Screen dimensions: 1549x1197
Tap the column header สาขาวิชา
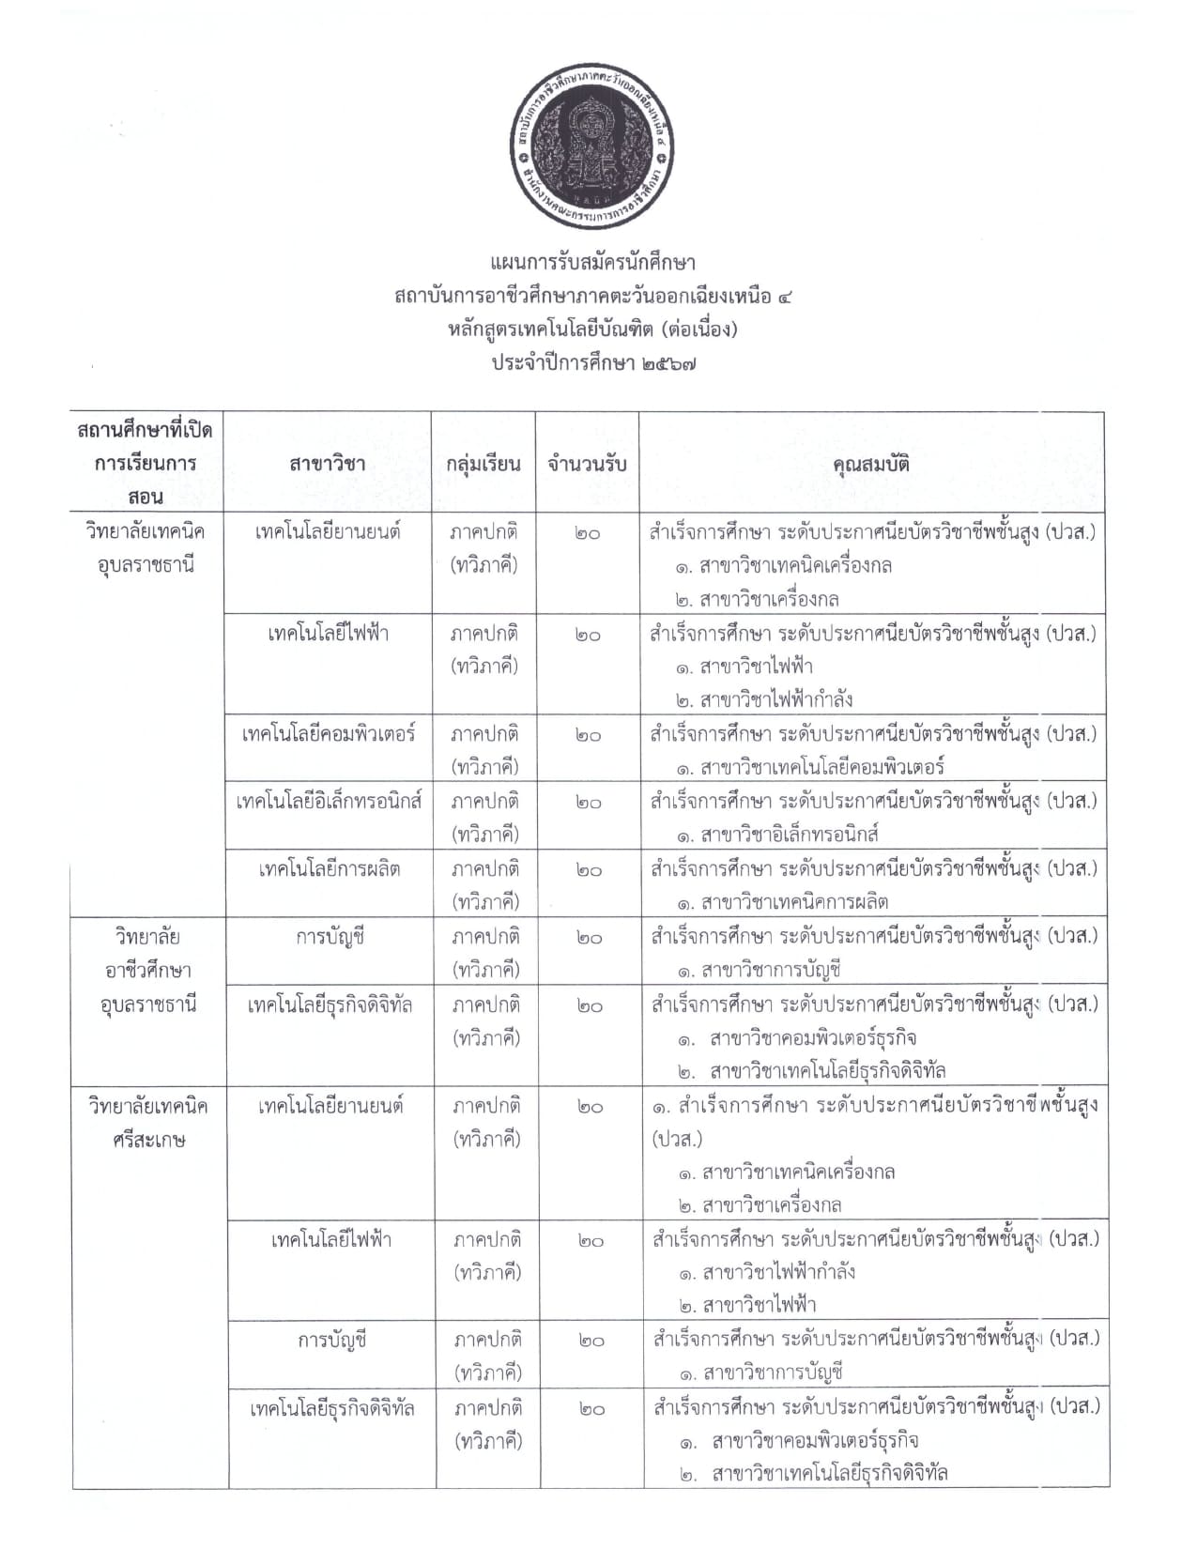point(328,464)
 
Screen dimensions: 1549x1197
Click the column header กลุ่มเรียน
point(483,464)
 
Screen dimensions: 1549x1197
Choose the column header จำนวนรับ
point(588,464)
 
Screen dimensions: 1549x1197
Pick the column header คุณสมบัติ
point(871,464)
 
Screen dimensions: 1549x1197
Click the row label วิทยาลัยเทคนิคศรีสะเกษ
point(148,1123)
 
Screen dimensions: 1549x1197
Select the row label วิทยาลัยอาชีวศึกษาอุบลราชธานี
point(148,970)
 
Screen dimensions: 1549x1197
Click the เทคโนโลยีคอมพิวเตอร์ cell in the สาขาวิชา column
point(328,734)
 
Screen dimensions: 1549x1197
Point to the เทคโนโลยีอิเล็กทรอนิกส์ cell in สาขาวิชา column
point(329,802)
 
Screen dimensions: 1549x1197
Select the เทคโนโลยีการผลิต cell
point(329,869)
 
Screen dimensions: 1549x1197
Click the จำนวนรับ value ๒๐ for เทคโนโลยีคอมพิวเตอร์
point(588,735)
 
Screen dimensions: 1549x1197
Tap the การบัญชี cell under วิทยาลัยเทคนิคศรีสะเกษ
point(330,1340)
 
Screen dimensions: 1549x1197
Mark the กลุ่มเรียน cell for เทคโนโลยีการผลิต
point(484,885)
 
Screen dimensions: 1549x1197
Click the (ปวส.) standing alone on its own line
point(677,1139)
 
